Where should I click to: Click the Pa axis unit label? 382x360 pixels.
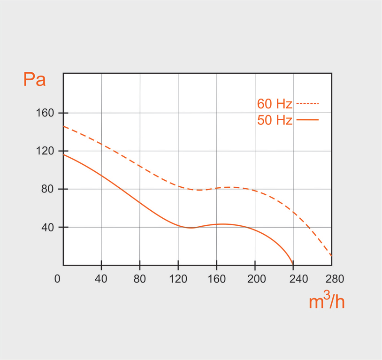(34, 80)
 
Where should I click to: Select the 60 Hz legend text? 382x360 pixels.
(275, 104)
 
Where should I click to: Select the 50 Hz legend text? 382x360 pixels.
(275, 120)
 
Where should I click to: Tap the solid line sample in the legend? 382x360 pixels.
(307, 120)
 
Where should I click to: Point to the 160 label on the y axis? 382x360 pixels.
(47, 113)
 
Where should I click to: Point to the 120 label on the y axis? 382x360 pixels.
(47, 151)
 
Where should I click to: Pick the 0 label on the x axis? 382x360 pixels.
(57, 279)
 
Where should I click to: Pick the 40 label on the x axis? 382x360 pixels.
(101, 279)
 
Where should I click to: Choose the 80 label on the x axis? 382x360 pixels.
(140, 279)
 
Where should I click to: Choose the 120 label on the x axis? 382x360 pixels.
(178, 279)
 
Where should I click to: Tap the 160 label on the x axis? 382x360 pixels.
(216, 279)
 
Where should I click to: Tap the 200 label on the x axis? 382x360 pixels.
(255, 279)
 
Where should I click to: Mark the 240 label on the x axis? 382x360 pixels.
(293, 279)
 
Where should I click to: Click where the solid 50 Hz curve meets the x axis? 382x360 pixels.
(293, 265)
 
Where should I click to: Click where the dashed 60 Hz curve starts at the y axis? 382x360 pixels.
(64, 126)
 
